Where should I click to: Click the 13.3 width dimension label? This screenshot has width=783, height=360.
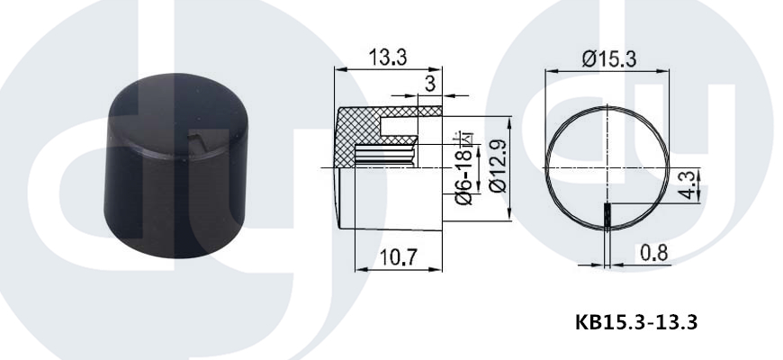(x=388, y=58)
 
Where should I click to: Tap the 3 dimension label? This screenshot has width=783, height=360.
(x=430, y=84)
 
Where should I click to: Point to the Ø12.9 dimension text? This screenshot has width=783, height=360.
(x=498, y=166)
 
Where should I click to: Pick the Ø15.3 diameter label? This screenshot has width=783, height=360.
(x=609, y=59)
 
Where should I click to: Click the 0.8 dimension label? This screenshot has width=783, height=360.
(x=653, y=254)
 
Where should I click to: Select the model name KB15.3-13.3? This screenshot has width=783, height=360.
(x=636, y=322)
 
